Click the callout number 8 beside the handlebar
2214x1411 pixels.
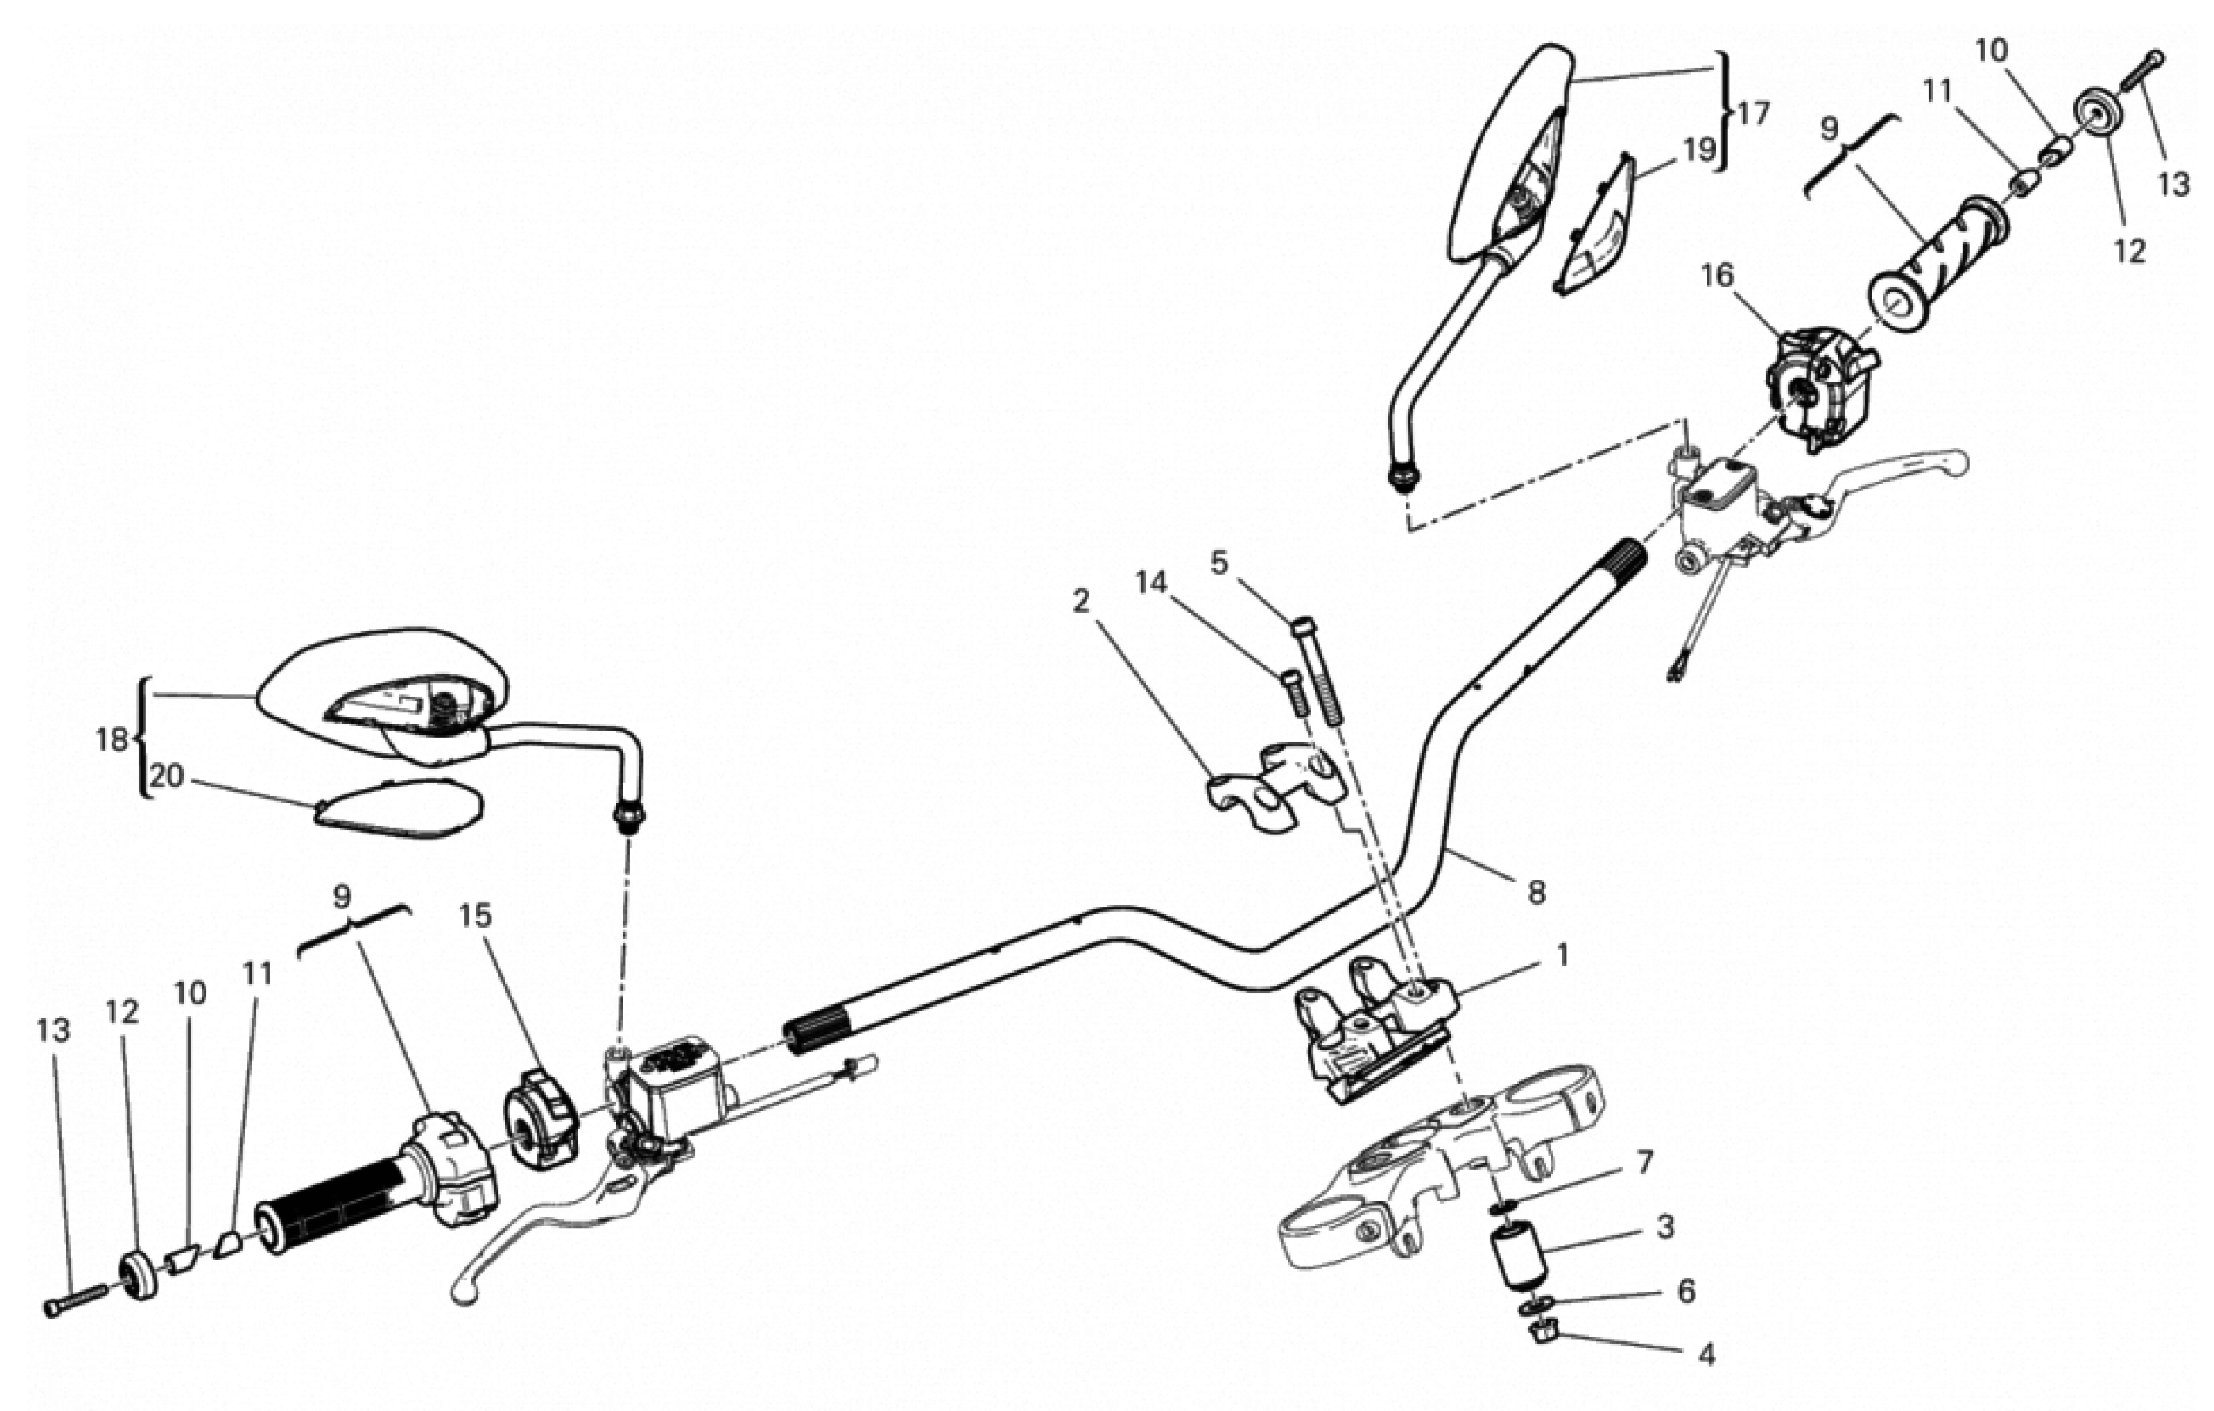point(1536,892)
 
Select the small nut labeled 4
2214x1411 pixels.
point(1545,1329)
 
